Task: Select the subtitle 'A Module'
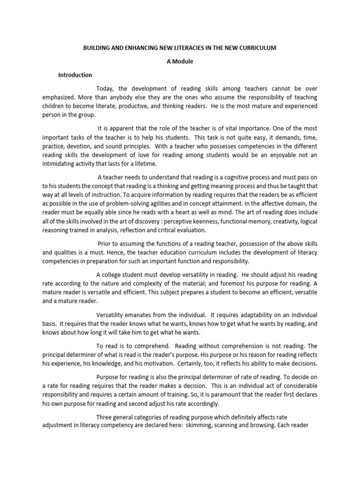point(180,61)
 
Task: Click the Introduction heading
point(75,75)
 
